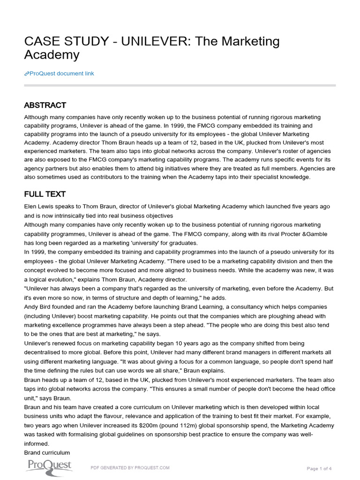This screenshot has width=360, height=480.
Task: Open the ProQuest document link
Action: click(61, 74)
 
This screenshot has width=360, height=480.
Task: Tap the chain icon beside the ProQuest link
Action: click(27, 74)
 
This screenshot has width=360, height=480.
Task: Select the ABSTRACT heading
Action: click(45, 105)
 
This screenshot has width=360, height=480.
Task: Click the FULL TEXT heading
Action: click(45, 194)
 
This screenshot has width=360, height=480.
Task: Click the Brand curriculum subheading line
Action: click(47, 452)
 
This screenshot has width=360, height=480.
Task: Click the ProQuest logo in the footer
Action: click(48, 465)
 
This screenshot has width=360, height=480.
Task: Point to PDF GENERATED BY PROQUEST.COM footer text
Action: click(130, 467)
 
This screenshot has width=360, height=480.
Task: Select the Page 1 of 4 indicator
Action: click(319, 468)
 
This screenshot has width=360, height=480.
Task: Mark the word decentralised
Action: click(45, 352)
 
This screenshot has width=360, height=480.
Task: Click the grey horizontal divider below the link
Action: click(180, 85)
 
